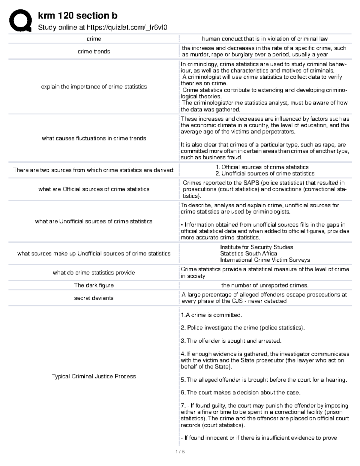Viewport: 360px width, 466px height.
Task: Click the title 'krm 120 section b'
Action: pyautogui.click(x=77, y=15)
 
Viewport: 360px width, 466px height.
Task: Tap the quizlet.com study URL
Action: pyautogui.click(x=102, y=28)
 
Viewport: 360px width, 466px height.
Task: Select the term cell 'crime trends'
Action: pyautogui.click(x=94, y=52)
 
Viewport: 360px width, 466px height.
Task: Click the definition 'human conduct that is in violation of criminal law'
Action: pyautogui.click(x=265, y=39)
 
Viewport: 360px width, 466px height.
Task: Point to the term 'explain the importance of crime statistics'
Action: pyautogui.click(x=94, y=87)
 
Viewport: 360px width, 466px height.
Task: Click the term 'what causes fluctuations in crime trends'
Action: pyautogui.click(x=94, y=138)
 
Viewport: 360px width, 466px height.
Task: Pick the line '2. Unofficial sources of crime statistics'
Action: pyautogui.click(x=265, y=173)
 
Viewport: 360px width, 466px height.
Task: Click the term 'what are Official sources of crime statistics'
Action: pyautogui.click(x=94, y=189)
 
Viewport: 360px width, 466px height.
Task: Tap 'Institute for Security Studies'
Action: pyautogui.click(x=256, y=247)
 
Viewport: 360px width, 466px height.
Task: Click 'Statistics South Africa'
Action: pyautogui.click(x=248, y=254)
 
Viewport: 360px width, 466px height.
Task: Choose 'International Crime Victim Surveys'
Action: pyautogui.click(x=265, y=260)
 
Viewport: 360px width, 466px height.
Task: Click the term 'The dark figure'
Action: pyautogui.click(x=94, y=285)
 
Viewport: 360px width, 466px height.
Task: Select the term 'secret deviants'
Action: pyautogui.click(x=94, y=298)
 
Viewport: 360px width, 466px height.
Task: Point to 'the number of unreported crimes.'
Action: pyautogui.click(x=265, y=285)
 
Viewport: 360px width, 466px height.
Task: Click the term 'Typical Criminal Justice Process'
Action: pyautogui.click(x=94, y=376)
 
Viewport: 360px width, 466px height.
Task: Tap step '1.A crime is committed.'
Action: pyautogui.click(x=211, y=315)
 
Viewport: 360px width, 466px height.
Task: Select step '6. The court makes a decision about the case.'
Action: pyautogui.click(x=240, y=392)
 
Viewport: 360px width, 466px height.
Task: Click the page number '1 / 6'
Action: pyautogui.click(x=180, y=452)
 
